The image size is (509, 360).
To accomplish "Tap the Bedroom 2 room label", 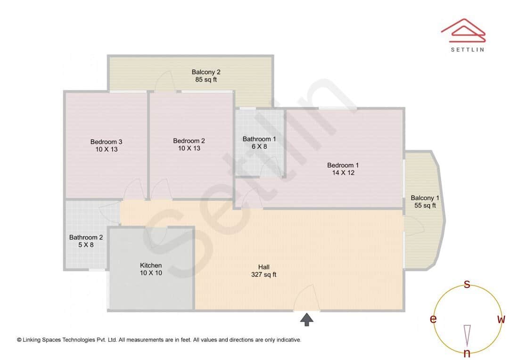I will pos(189,141).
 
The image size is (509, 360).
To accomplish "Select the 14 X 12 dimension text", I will pos(343,173).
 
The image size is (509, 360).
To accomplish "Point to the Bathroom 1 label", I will pos(259,139).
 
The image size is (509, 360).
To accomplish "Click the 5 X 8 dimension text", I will pos(86,245).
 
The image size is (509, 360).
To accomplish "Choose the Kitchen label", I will pos(151,265).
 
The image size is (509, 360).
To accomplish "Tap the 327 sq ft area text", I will pos(264,275).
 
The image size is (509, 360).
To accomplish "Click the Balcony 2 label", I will pos(206,72).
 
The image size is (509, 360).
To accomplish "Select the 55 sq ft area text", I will pos(425,205).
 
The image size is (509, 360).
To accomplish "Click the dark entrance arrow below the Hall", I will pos(307,320).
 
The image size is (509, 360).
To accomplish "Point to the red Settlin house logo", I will pos(463,31).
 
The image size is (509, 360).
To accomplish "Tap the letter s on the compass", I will pos(467,284).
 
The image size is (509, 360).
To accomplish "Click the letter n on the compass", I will pos(467,353).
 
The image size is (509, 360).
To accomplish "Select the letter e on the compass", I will pos(433,319).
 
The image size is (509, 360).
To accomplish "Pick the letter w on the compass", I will pos(501,319).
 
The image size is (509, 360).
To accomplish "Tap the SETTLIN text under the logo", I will pos(467,49).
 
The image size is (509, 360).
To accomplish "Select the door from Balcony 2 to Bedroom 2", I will pos(165,82).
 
